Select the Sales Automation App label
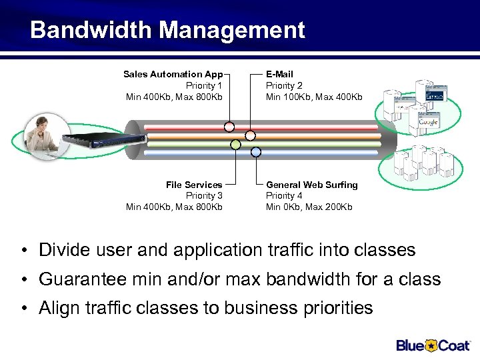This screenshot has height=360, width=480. (x=173, y=74)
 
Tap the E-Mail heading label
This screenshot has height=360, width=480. (x=279, y=74)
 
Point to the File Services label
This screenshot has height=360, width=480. (x=194, y=185)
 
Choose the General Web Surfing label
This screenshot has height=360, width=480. (x=311, y=185)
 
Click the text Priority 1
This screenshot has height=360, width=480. (x=204, y=85)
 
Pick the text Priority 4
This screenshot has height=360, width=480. (x=284, y=195)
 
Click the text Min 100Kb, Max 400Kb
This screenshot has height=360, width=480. (x=314, y=97)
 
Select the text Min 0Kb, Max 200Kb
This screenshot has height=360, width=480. (x=309, y=207)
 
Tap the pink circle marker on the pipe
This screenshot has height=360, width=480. (x=229, y=126)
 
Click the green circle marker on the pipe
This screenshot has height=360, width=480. (x=235, y=144)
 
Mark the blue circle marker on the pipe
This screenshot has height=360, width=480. (x=255, y=152)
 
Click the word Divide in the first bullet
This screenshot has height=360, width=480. (x=62, y=250)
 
